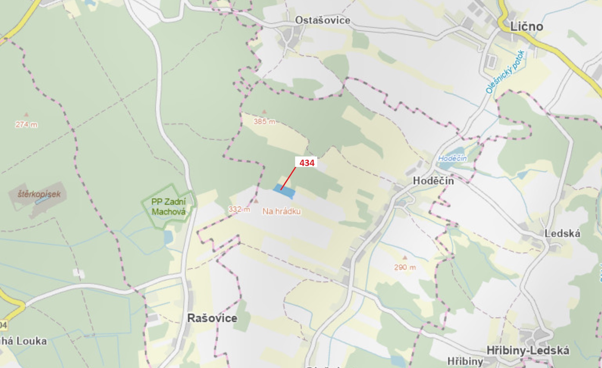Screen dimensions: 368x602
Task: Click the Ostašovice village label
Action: pos(322,20)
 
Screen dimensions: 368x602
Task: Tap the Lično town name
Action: pos(527,27)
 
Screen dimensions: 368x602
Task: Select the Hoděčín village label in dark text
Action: pos(433,181)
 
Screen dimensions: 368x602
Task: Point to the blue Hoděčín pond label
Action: pos(452,158)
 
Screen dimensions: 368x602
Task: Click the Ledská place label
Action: pos(562,234)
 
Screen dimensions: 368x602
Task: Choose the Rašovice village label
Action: pos(212,318)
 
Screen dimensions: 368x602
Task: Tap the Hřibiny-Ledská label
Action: pos(528,350)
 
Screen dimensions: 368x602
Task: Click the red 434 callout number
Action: pos(307,163)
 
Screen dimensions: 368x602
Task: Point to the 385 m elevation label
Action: pos(264,122)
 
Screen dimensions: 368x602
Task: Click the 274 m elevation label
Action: pos(26,124)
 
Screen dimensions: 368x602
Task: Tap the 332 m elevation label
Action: pos(239,209)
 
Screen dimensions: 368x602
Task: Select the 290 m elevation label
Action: pos(405,267)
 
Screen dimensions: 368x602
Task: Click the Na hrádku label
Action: pos(281,212)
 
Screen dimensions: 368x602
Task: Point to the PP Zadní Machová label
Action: pos(168,207)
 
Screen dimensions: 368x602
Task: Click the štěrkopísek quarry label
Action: pos(39,194)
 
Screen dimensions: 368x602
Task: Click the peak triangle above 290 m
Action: pos(405,257)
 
